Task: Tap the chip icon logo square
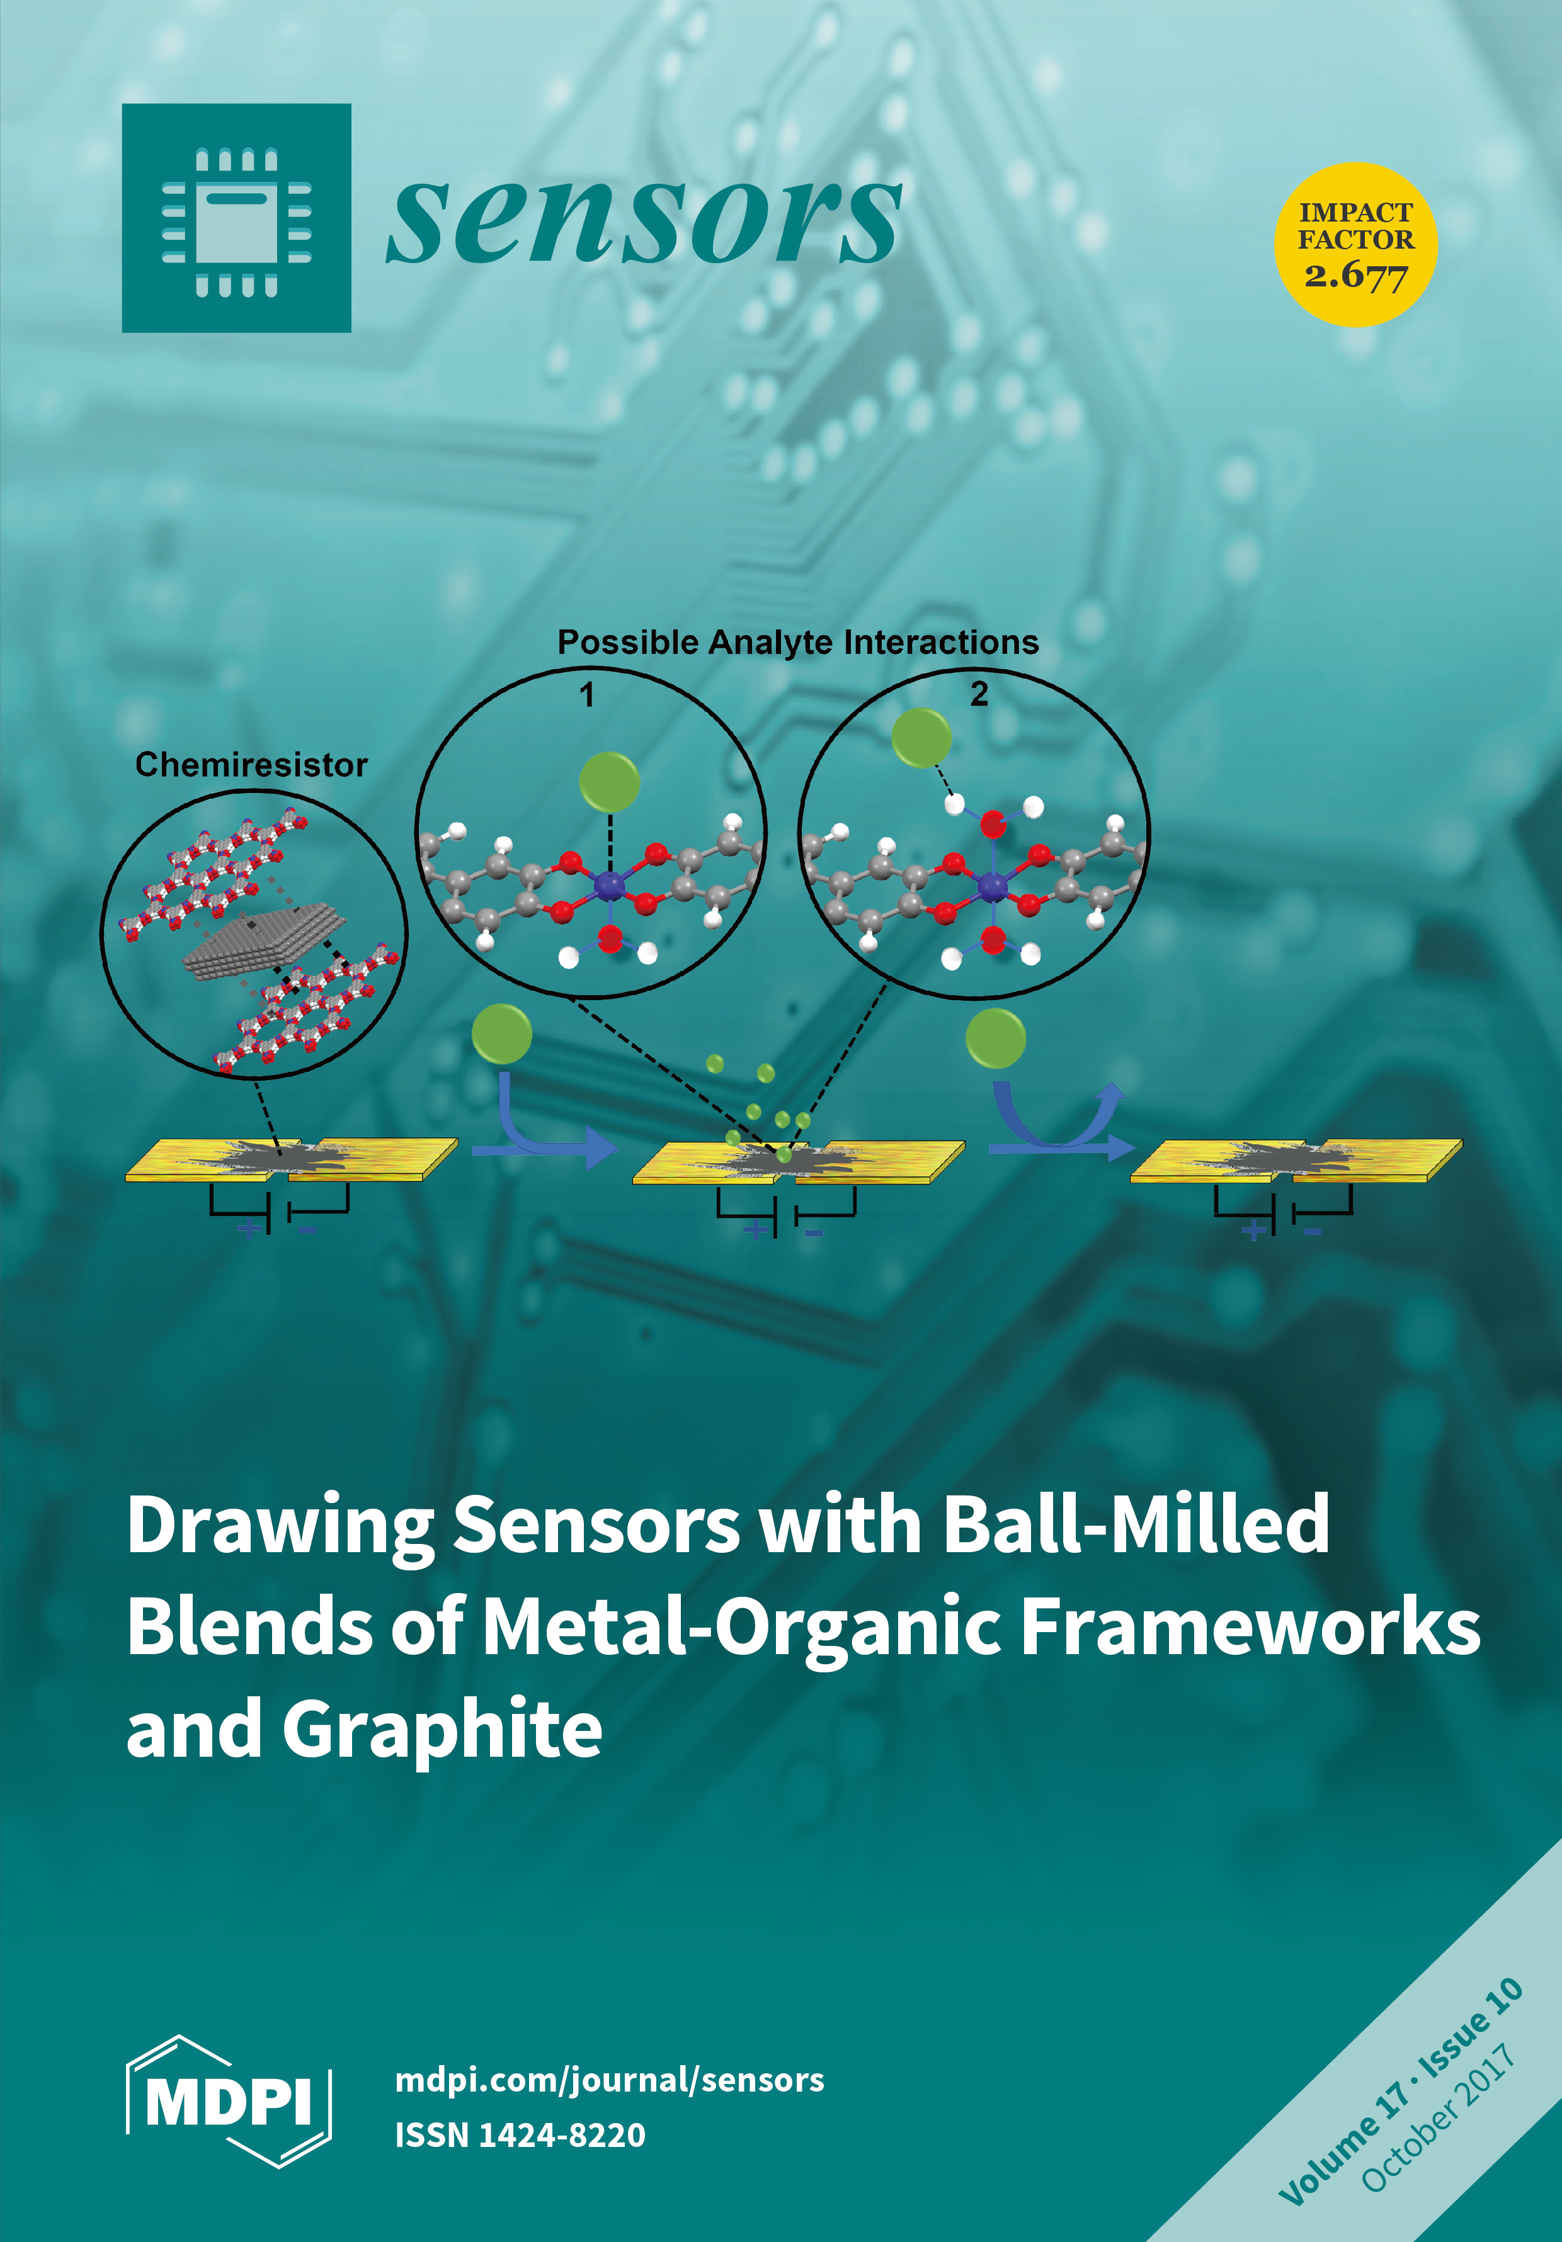[236, 218]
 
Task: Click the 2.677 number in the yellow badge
[1356, 276]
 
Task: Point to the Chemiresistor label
[251, 765]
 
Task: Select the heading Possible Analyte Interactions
[797, 643]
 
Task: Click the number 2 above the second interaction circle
[979, 694]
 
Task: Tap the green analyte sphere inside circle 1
[608, 781]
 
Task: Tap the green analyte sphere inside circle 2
[920, 737]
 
